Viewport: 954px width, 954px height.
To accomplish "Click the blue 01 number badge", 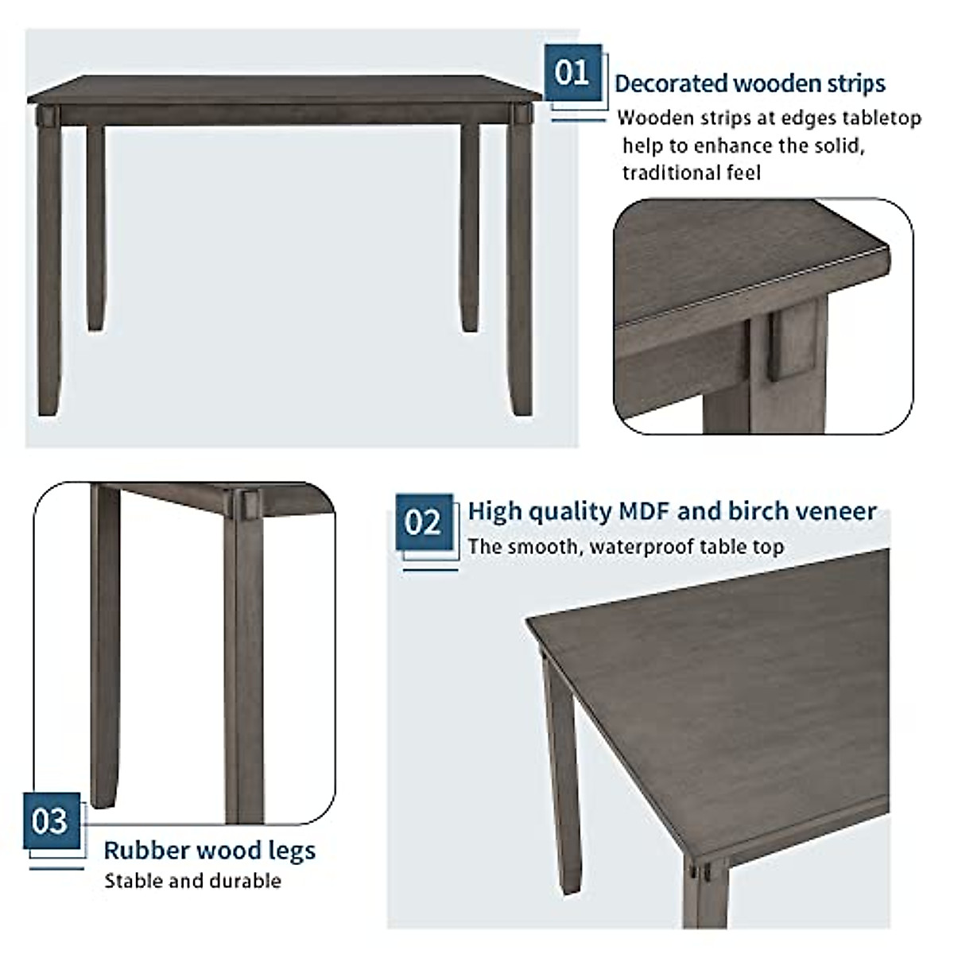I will pos(572,73).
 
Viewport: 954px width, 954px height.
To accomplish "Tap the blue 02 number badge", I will pos(424,522).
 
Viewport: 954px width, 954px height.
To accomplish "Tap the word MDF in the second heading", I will pos(643,511).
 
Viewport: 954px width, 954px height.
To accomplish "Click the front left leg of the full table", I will pos(50,270).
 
